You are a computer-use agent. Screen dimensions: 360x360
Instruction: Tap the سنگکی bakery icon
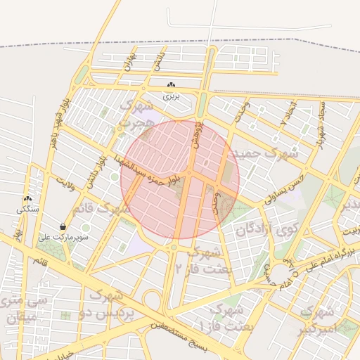pos(27,200)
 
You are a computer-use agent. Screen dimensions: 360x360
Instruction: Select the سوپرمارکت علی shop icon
pos(64,226)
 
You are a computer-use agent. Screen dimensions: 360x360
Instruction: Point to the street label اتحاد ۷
pos(287,112)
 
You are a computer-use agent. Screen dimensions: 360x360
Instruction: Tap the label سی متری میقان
pos(25,309)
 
